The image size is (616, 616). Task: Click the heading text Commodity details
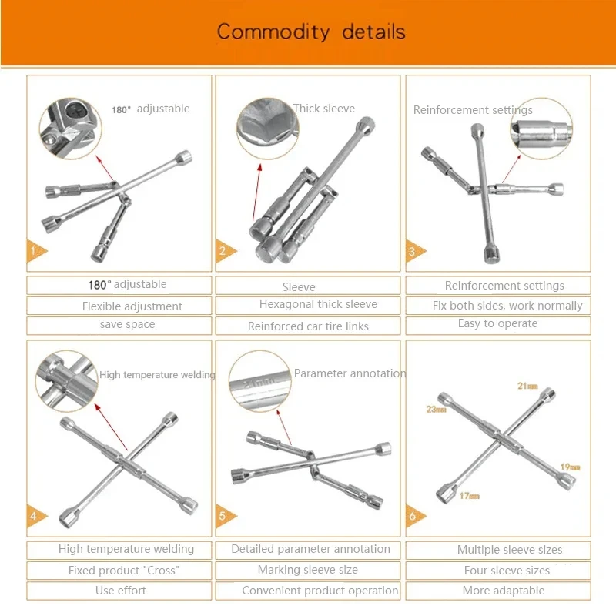pos(311,32)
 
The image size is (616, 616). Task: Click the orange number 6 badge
pos(415,515)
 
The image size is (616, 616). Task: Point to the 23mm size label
pos(436,410)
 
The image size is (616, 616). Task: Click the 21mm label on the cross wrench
pos(527,387)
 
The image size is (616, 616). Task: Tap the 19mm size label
pos(570,467)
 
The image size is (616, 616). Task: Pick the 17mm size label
pos(470,496)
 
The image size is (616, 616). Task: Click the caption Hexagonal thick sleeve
pos(318,304)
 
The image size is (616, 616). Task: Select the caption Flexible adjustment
pos(132,306)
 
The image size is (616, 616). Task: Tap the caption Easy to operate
pos(497,323)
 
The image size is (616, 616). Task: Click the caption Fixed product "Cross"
pos(124,570)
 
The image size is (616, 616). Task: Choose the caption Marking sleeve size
pos(307,570)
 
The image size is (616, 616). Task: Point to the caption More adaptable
pos(504,591)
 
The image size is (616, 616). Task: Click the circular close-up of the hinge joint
pos(71,129)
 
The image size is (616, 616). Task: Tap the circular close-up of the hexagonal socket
pos(268,129)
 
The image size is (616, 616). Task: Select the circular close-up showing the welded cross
pos(67,381)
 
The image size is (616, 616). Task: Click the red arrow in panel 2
pos(256,192)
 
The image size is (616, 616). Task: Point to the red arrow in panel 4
pos(111,427)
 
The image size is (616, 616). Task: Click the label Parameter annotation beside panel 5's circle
pos(350,373)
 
